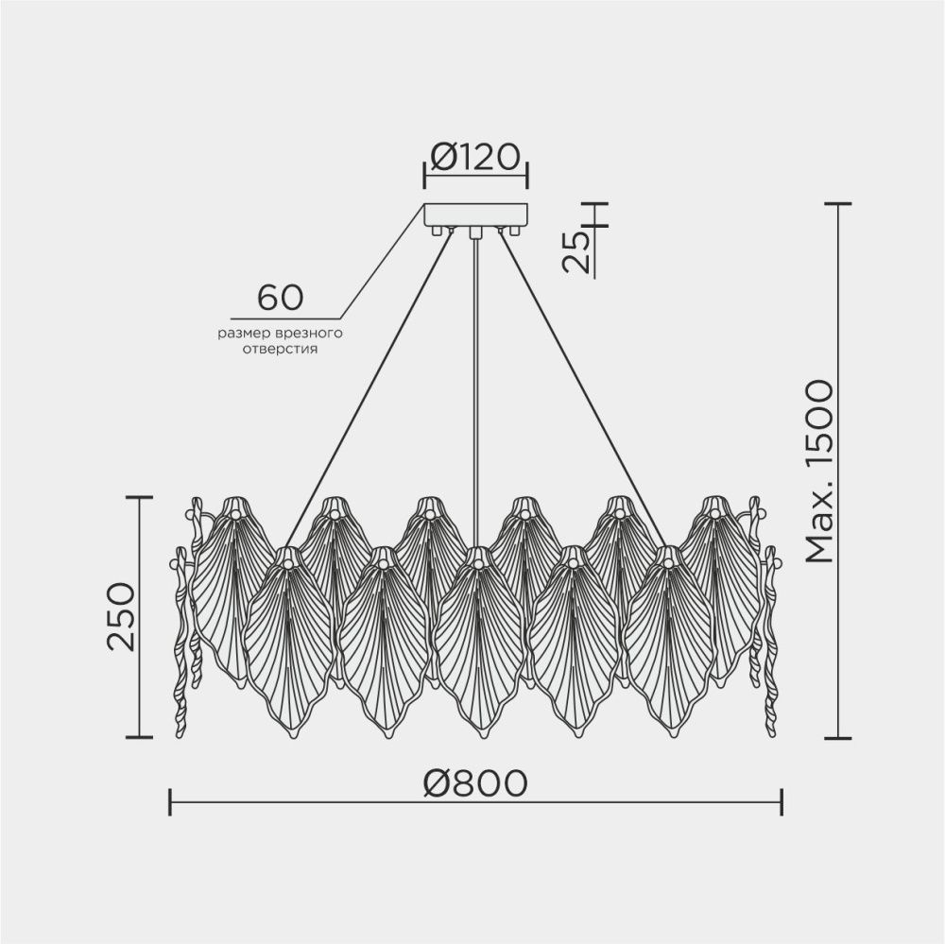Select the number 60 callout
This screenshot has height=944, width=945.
(281, 297)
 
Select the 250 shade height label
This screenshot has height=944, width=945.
(121, 615)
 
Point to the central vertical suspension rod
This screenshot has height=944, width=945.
(476, 378)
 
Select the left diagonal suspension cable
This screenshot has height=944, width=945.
(369, 378)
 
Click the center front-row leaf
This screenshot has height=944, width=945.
(477, 643)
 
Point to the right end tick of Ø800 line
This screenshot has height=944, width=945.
(782, 801)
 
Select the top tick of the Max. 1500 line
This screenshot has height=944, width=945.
(838, 203)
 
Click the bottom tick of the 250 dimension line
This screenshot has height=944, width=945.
(139, 736)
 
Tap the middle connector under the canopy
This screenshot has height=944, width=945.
(476, 232)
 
